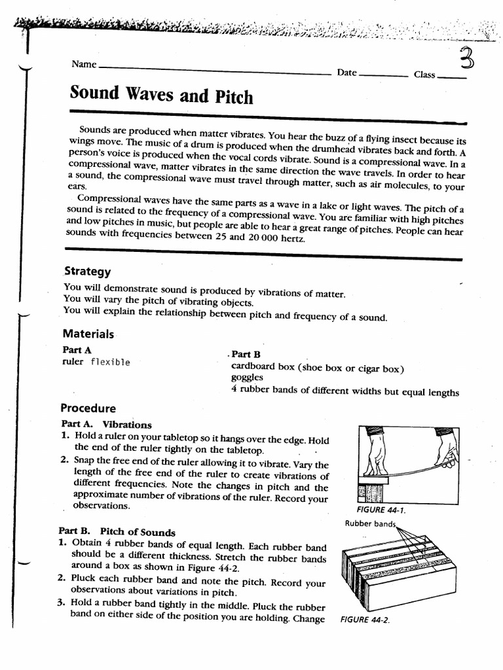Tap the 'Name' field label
click(x=84, y=64)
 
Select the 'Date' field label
click(x=346, y=73)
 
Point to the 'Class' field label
click(x=424, y=75)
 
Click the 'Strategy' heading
click(x=87, y=271)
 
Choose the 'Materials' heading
click(x=88, y=334)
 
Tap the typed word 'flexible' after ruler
click(x=110, y=362)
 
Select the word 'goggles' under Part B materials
click(x=247, y=378)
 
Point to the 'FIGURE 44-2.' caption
click(x=365, y=620)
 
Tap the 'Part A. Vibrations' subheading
click(x=105, y=424)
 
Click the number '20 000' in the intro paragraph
click(x=257, y=239)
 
